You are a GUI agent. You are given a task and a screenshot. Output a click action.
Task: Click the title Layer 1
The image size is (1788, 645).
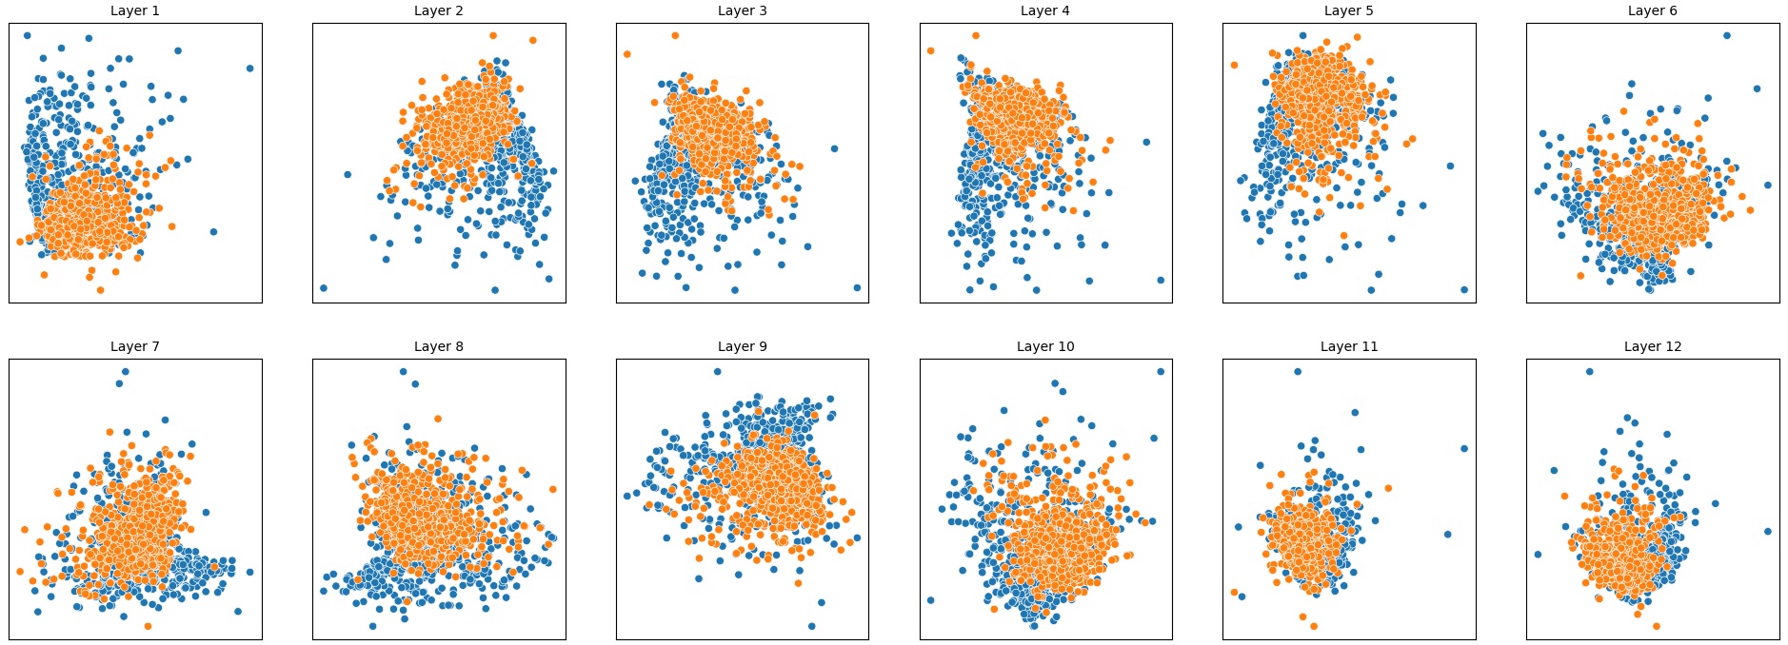tap(135, 10)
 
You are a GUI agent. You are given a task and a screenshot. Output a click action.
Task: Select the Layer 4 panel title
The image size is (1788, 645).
tap(1045, 10)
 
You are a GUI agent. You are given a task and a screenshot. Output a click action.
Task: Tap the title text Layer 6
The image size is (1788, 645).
tap(1652, 10)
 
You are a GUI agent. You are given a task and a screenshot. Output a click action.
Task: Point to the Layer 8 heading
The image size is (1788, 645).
tap(439, 346)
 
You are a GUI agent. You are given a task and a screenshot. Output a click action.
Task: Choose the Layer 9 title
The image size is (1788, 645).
tap(742, 346)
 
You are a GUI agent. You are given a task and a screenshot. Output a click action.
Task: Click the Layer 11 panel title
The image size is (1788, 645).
tap(1349, 346)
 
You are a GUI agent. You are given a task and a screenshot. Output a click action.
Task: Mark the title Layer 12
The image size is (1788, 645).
tap(1652, 346)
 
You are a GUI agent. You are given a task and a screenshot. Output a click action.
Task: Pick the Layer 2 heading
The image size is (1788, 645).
tap(439, 10)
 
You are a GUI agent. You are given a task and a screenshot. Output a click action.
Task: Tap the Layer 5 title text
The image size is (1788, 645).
tap(1349, 10)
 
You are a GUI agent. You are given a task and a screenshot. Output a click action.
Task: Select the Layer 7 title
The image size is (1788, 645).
tap(135, 346)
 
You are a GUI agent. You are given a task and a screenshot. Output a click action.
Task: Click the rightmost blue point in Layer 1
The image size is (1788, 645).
tap(250, 68)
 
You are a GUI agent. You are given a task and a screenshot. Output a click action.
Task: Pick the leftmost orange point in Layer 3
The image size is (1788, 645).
tap(626, 54)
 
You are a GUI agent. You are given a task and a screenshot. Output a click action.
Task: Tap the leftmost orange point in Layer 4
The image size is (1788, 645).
tap(930, 50)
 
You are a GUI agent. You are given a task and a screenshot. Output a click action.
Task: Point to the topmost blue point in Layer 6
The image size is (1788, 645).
tap(1726, 36)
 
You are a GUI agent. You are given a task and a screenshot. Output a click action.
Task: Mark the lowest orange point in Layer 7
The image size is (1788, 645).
tap(148, 626)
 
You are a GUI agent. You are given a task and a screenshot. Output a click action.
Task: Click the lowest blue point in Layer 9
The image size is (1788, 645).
tap(811, 626)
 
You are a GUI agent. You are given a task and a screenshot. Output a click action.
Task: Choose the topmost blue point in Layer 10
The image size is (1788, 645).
tap(1161, 372)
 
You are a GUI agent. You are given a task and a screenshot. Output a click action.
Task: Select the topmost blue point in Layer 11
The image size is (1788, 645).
tap(1298, 372)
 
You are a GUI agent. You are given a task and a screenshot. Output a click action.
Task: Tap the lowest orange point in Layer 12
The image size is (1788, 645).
tap(1657, 626)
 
